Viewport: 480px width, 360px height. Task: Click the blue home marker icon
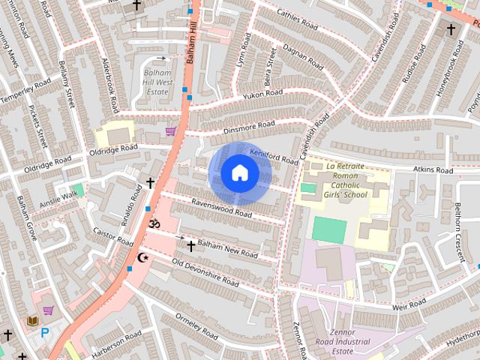coord(239,173)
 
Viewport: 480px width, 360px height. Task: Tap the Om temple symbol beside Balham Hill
coord(155,223)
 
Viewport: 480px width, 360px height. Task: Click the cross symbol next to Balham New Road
coord(190,245)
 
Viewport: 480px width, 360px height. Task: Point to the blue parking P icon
coord(44,332)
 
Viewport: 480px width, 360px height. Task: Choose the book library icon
coord(32,321)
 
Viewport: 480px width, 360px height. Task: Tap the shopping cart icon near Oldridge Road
coord(171,131)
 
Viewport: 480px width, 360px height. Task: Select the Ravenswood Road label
coord(220,207)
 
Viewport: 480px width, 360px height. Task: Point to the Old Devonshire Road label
coord(205,273)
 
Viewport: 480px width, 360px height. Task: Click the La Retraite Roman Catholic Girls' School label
coord(346,180)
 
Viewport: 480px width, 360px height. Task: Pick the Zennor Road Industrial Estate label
coord(351,341)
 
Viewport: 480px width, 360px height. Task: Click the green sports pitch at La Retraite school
coord(329,229)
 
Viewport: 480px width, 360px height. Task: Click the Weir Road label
coord(409,304)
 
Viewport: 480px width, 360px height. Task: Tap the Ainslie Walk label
coord(58,196)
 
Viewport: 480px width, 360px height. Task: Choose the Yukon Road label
coord(262,94)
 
